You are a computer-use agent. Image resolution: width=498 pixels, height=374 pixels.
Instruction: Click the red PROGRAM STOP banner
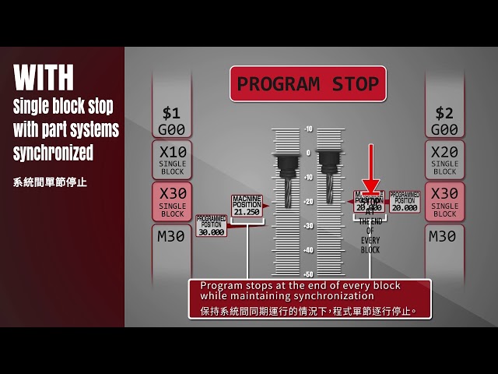pyautogui.click(x=307, y=83)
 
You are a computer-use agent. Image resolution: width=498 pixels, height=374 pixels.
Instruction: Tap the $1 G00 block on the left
pyautogui.click(x=170, y=121)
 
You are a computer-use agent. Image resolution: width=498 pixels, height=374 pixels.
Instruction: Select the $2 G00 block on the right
pyautogui.click(x=444, y=121)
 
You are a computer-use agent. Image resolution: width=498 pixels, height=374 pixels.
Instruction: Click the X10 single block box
pyautogui.click(x=171, y=159)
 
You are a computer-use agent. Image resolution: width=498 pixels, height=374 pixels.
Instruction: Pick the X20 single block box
pyautogui.click(x=444, y=159)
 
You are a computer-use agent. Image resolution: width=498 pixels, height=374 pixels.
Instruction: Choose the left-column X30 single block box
pyautogui.click(x=171, y=201)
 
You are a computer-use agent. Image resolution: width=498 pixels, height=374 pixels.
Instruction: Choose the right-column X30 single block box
pyautogui.click(x=444, y=201)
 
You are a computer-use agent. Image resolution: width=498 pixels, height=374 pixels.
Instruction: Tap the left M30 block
pyautogui.click(x=170, y=236)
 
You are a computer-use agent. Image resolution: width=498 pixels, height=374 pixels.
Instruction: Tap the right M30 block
pyautogui.click(x=444, y=236)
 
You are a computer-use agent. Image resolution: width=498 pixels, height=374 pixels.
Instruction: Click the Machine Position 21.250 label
pyautogui.click(x=247, y=206)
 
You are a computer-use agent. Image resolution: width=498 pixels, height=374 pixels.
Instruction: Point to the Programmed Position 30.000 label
pyautogui.click(x=211, y=225)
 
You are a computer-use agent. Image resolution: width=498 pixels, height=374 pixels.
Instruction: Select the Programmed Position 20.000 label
pyautogui.click(x=405, y=202)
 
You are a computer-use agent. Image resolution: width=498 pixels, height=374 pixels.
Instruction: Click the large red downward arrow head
pyautogui.click(x=371, y=188)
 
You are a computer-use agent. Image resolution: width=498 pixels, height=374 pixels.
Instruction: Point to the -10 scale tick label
pyautogui.click(x=308, y=129)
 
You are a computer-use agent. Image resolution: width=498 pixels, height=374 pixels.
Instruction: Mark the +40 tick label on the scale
pyautogui.click(x=308, y=250)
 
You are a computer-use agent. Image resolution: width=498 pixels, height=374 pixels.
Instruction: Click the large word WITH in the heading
pyautogui.click(x=44, y=77)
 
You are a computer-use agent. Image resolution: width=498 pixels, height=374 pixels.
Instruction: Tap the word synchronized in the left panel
pyautogui.click(x=52, y=153)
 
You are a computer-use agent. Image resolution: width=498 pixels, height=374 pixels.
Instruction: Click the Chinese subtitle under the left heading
pyautogui.click(x=50, y=182)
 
